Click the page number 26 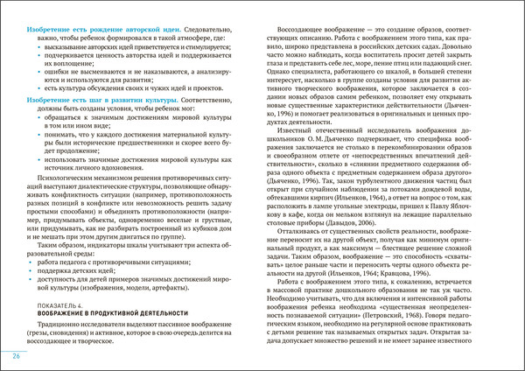(x=17, y=358)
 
